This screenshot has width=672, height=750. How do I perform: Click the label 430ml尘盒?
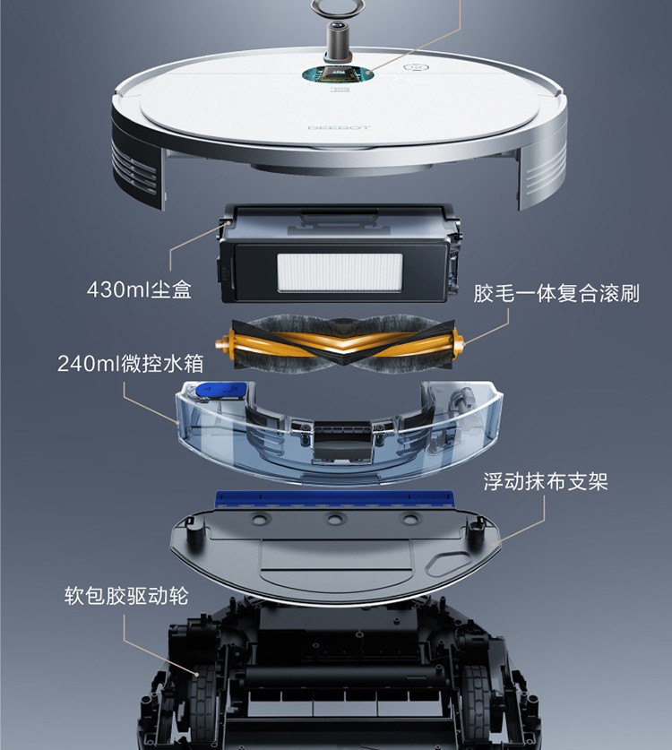(x=139, y=289)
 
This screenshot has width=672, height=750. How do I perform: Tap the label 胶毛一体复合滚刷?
(x=556, y=293)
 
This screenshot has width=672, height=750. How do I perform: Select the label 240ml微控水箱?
(x=131, y=364)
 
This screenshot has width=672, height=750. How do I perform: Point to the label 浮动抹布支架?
(x=546, y=481)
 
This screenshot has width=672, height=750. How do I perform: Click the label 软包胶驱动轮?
(x=126, y=596)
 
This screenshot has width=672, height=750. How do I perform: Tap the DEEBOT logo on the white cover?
(x=339, y=128)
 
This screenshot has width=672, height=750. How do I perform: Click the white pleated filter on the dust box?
(x=340, y=272)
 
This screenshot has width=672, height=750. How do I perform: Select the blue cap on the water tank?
(x=221, y=390)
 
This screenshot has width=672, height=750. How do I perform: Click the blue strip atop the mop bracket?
(x=334, y=499)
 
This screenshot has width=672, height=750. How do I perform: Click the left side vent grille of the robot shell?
(x=133, y=170)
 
